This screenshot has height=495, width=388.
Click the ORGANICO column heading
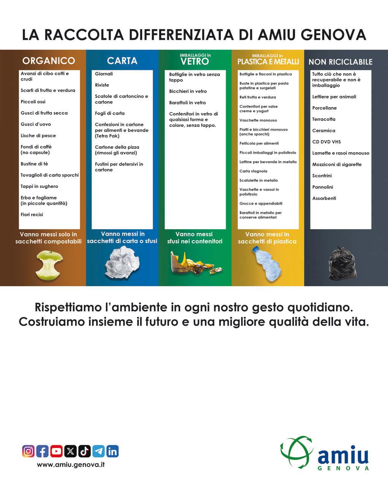49,61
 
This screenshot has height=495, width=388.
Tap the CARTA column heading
122,61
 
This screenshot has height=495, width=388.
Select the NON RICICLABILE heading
340,62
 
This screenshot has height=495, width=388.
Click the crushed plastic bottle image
268,264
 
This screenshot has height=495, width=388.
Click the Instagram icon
28,451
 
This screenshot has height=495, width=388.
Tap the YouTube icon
56,451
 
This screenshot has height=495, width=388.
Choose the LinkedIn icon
112,451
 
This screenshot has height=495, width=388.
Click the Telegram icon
98,451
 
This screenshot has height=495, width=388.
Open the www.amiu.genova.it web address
71,465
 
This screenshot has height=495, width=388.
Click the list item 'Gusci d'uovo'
36,124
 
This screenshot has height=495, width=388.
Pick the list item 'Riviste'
102,85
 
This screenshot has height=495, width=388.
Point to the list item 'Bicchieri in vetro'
188,91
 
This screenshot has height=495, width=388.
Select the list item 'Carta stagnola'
253,171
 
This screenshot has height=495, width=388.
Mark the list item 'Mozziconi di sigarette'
337,164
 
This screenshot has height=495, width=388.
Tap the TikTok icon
84,451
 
